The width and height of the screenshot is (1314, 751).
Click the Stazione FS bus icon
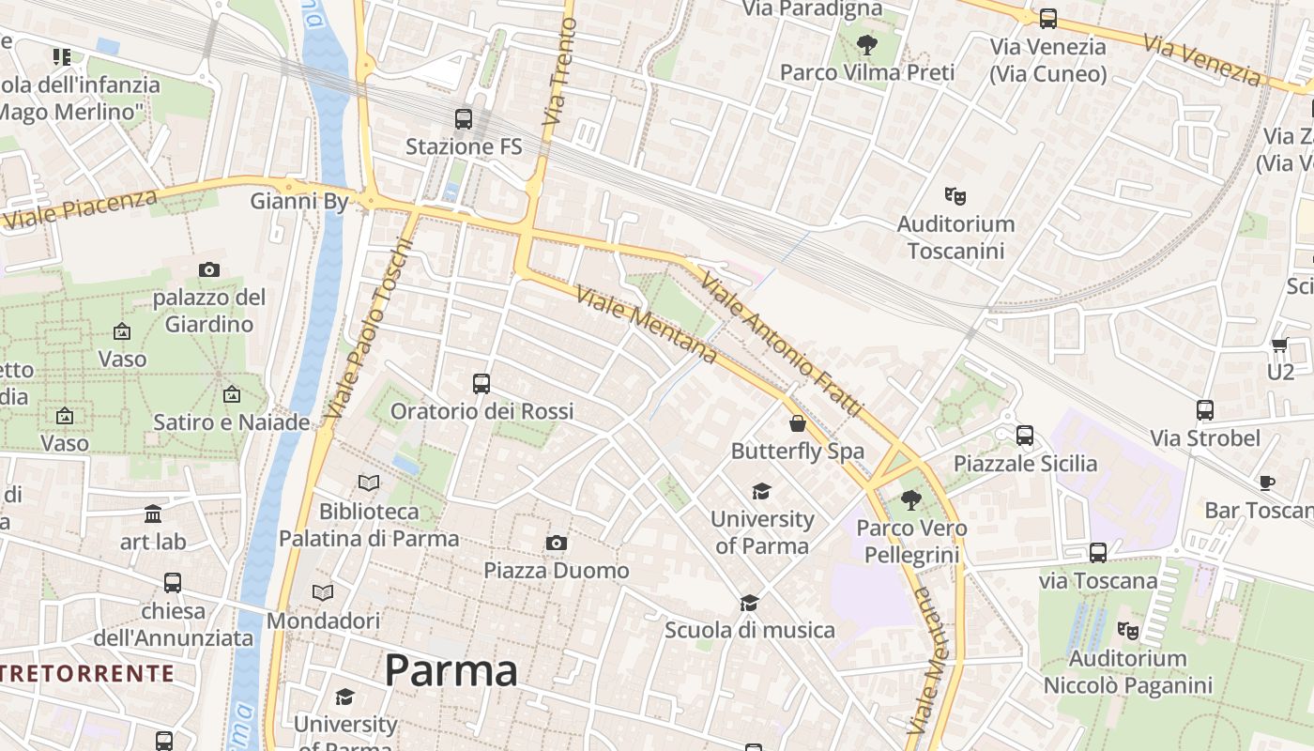[x=464, y=119]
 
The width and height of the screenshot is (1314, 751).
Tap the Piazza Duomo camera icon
[x=557, y=544]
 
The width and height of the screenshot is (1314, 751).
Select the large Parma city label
[x=451, y=670]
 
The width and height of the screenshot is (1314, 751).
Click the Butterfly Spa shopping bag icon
[x=797, y=423]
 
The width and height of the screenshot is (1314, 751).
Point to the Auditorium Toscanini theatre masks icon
[x=955, y=196]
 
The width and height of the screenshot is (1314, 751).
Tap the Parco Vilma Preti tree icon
[x=867, y=44]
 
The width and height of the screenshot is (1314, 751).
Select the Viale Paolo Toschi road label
[x=369, y=329]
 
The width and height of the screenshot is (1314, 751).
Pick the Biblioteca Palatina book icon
[x=370, y=483]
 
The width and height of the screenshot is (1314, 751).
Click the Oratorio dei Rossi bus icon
[x=481, y=384]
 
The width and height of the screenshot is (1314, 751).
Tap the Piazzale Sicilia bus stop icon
[x=1025, y=436]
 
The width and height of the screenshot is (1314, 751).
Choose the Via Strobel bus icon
[x=1205, y=410]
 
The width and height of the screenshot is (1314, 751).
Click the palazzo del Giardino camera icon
[x=209, y=270]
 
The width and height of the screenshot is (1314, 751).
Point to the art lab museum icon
[x=153, y=513]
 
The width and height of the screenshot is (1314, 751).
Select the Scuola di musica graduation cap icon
[x=749, y=603]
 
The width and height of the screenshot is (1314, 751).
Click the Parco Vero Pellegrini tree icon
[x=910, y=500]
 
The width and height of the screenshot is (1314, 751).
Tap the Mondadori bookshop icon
[x=323, y=593]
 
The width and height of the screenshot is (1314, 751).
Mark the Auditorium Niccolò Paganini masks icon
[x=1128, y=630]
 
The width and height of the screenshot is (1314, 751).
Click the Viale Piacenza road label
[x=80, y=208]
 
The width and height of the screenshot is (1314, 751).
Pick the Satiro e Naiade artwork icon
[x=231, y=395]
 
